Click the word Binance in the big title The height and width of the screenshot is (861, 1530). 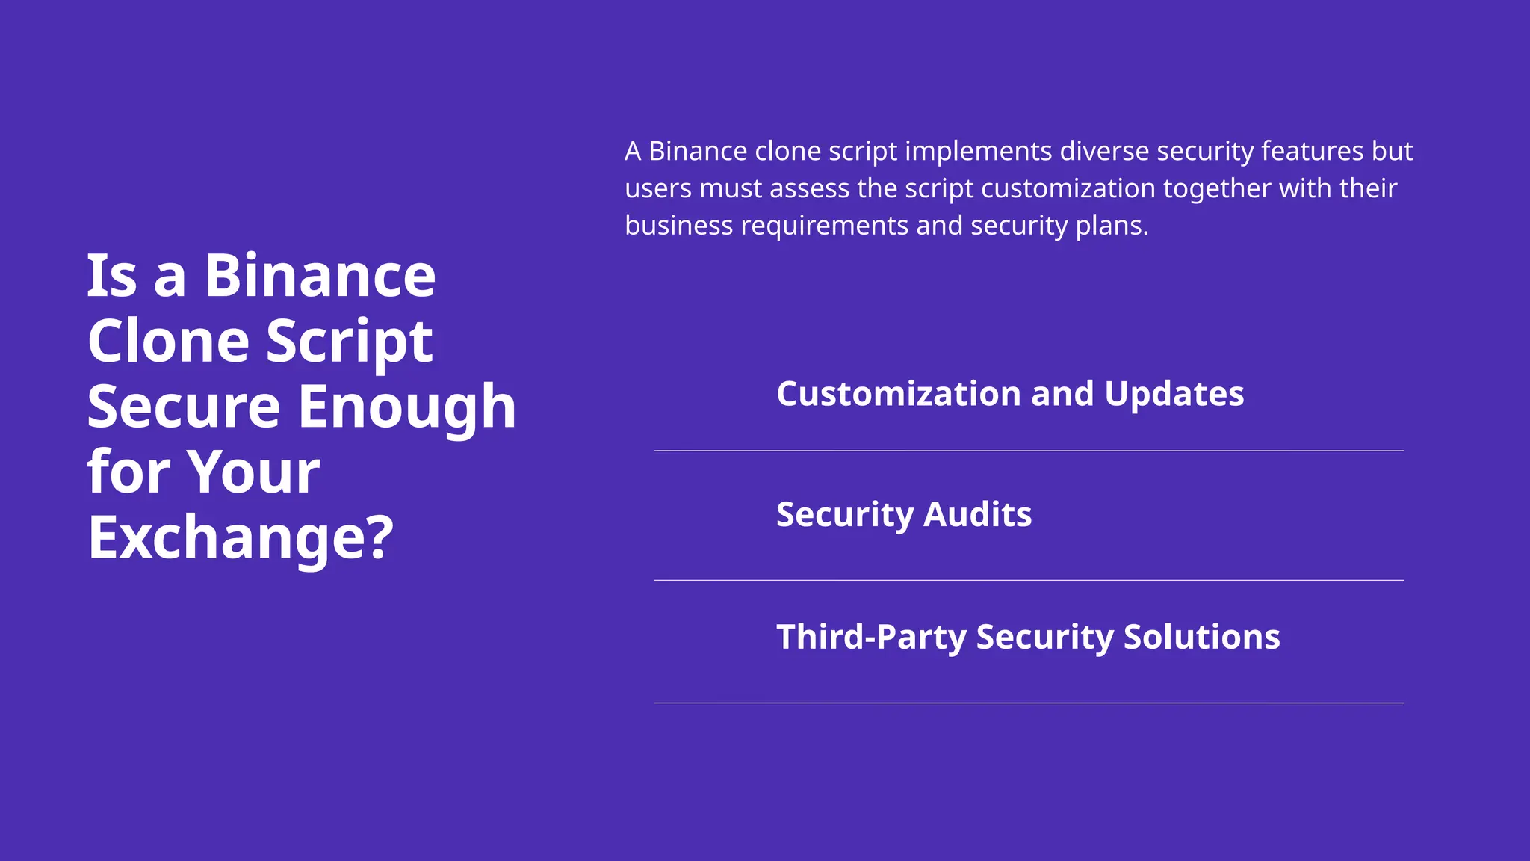320,276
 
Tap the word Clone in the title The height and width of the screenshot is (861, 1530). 168,342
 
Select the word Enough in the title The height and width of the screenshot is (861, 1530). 407,407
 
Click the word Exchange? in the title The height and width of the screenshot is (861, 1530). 240,537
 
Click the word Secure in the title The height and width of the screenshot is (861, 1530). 184,407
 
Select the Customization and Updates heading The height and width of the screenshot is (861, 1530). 1010,394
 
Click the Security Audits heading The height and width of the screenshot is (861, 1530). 904,515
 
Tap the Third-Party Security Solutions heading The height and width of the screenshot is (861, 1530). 1028,637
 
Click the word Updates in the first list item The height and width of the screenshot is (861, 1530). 1174,394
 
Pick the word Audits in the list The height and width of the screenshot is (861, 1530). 978,515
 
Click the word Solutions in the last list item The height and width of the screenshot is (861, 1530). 1202,637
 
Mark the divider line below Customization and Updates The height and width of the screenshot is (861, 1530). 1029,451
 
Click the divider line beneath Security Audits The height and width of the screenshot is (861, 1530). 1029,580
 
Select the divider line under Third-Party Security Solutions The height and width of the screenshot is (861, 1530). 1029,703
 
